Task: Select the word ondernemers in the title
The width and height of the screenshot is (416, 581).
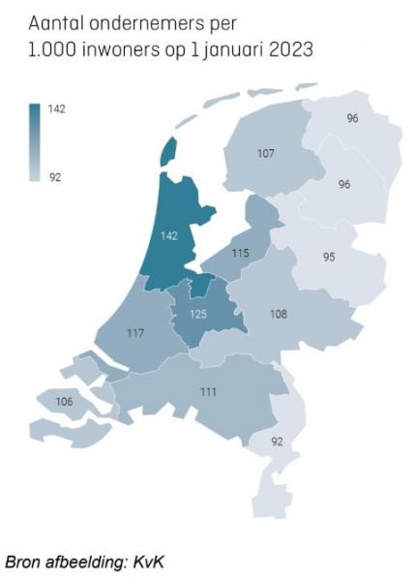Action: click(145, 20)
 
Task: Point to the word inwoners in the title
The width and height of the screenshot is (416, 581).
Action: click(123, 48)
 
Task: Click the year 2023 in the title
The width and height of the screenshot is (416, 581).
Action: click(287, 48)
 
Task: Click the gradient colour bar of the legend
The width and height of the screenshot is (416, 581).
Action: click(34, 142)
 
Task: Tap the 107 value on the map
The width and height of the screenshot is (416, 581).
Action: click(265, 154)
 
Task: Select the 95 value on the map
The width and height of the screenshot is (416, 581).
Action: click(329, 257)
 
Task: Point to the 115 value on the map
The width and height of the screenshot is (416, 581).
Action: click(240, 253)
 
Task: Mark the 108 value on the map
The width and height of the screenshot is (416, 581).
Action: click(278, 314)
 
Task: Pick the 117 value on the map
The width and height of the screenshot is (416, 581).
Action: click(134, 334)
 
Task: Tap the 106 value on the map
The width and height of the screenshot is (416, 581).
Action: click(64, 401)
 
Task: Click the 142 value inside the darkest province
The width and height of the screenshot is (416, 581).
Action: click(169, 234)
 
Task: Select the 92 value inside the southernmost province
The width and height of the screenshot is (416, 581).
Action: click(279, 442)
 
